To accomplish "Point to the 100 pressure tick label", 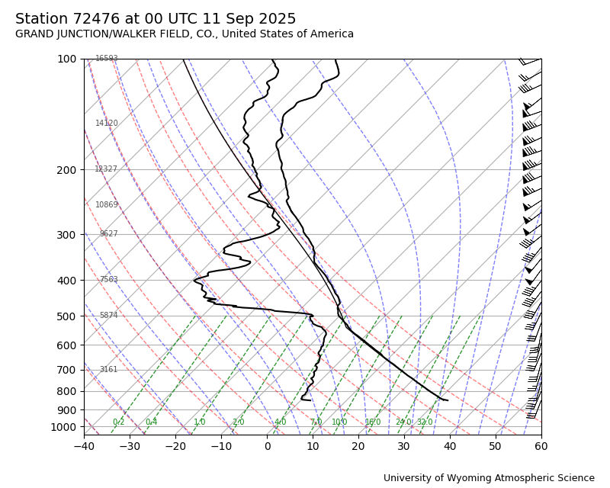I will tap(67, 59).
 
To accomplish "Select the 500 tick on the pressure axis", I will tap(67, 316).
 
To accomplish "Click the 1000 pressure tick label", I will tap(64, 427).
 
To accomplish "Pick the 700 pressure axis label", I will tap(67, 370).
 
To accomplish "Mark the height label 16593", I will tap(107, 59).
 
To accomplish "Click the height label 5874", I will tap(108, 316).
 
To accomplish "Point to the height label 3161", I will tap(108, 370).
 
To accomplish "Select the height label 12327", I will tap(106, 169).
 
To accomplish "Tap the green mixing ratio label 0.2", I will tap(118, 422).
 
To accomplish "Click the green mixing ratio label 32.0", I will tap(425, 422).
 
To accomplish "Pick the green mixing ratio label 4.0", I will tap(280, 422).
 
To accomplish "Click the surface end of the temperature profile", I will tap(448, 400).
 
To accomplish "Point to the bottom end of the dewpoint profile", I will tap(302, 400).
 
